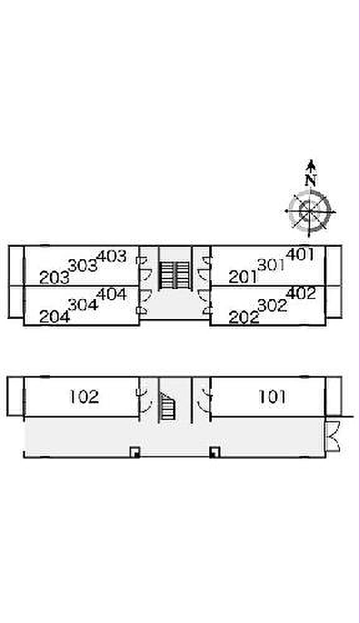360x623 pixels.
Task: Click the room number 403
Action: [x=111, y=256]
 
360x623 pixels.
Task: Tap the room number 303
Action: [x=83, y=265]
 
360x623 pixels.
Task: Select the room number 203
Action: [x=54, y=278]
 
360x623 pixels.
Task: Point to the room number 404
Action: [x=111, y=295]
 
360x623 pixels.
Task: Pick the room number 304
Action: [x=83, y=305]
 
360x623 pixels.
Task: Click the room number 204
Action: [x=54, y=316]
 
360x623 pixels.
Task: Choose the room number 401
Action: [x=300, y=254]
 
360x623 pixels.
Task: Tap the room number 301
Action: [x=272, y=265]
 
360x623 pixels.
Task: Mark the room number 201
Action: [x=243, y=277]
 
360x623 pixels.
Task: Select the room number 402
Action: [x=301, y=293]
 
